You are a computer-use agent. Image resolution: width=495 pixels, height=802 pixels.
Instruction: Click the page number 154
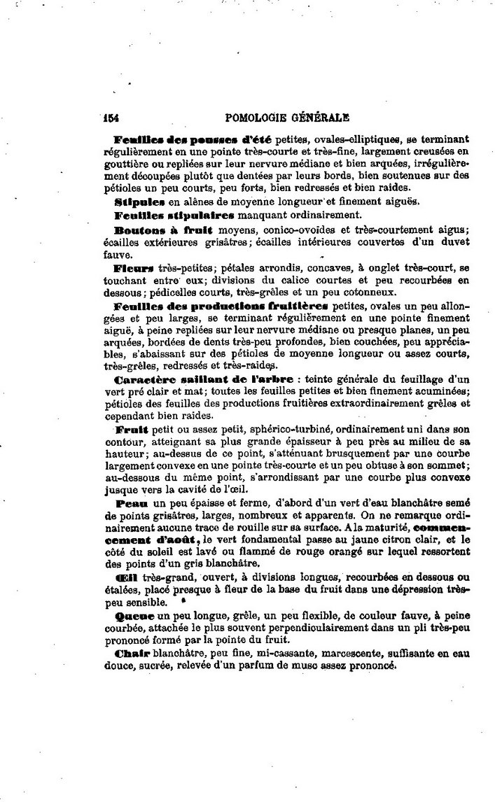112,118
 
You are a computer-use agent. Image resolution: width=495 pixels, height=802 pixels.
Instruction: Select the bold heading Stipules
140,200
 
